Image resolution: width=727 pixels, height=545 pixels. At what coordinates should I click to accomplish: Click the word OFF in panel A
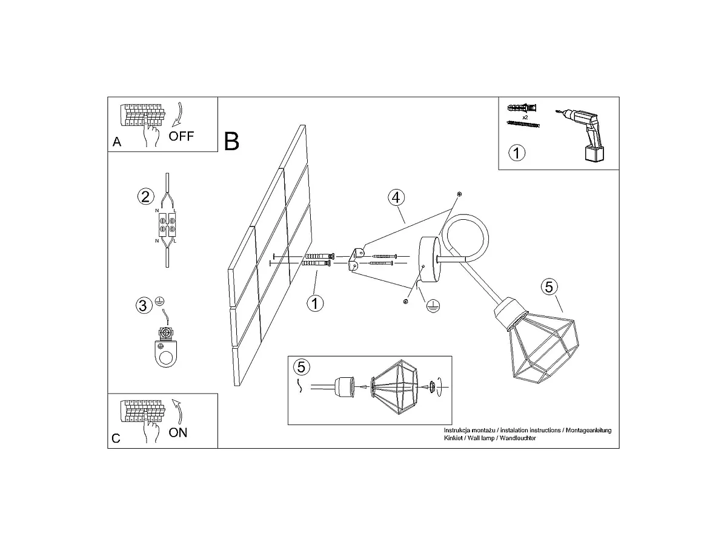tap(181, 136)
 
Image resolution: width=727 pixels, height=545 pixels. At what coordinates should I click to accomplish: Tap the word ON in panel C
tap(178, 432)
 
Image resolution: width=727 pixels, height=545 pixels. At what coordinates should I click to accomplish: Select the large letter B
tap(231, 141)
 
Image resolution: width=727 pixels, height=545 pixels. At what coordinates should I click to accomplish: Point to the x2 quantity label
tap(525, 117)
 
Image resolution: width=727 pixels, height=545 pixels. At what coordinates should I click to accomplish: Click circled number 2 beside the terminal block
tap(146, 197)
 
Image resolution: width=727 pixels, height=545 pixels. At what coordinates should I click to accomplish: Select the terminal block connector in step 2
tap(167, 225)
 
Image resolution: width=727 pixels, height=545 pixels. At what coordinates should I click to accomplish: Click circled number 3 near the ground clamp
tap(144, 305)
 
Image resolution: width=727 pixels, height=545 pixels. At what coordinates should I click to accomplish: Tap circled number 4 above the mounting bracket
tap(396, 197)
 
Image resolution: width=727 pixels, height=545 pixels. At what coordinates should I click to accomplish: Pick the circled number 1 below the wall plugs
tap(315, 303)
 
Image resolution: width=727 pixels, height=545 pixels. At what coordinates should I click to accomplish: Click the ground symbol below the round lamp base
tap(433, 306)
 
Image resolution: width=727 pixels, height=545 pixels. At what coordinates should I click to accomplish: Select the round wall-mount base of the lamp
tap(430, 259)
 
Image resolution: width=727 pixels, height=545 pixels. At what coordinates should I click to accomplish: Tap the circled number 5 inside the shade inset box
tap(302, 367)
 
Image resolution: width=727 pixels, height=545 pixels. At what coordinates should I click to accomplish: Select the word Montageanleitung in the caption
tap(588, 431)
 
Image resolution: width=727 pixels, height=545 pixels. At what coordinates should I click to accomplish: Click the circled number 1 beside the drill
tap(517, 153)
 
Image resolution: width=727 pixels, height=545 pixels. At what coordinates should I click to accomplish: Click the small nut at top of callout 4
tap(459, 194)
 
